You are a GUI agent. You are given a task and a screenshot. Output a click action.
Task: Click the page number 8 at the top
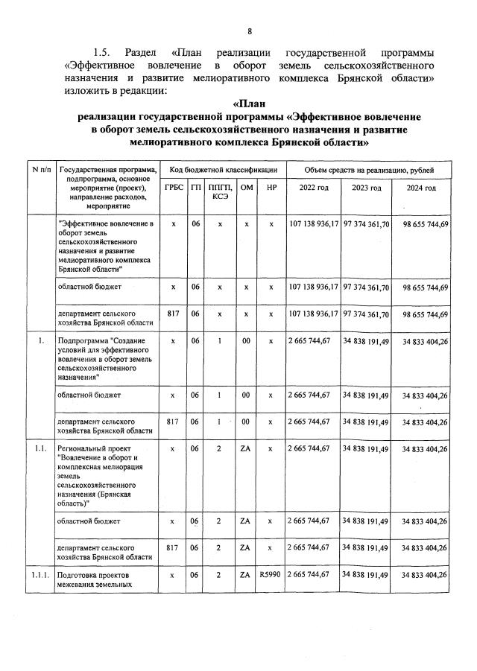click(x=250, y=31)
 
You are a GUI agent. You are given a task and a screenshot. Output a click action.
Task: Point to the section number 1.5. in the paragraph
click(x=102, y=52)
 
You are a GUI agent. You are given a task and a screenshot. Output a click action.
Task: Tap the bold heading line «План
click(x=250, y=104)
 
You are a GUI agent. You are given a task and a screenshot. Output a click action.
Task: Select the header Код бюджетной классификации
click(x=223, y=171)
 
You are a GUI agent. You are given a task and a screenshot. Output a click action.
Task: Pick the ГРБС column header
click(x=173, y=188)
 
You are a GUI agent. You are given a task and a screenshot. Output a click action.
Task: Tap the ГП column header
click(x=195, y=188)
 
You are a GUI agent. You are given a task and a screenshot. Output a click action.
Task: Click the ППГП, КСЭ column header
click(x=219, y=191)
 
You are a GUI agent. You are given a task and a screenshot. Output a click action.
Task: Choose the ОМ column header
click(x=246, y=188)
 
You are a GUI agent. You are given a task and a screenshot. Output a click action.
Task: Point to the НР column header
click(x=271, y=188)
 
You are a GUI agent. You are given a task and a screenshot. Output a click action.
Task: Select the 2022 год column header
click(x=313, y=188)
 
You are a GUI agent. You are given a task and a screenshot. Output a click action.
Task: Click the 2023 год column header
click(x=366, y=188)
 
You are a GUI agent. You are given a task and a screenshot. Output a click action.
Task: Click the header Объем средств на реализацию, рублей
click(x=368, y=171)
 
